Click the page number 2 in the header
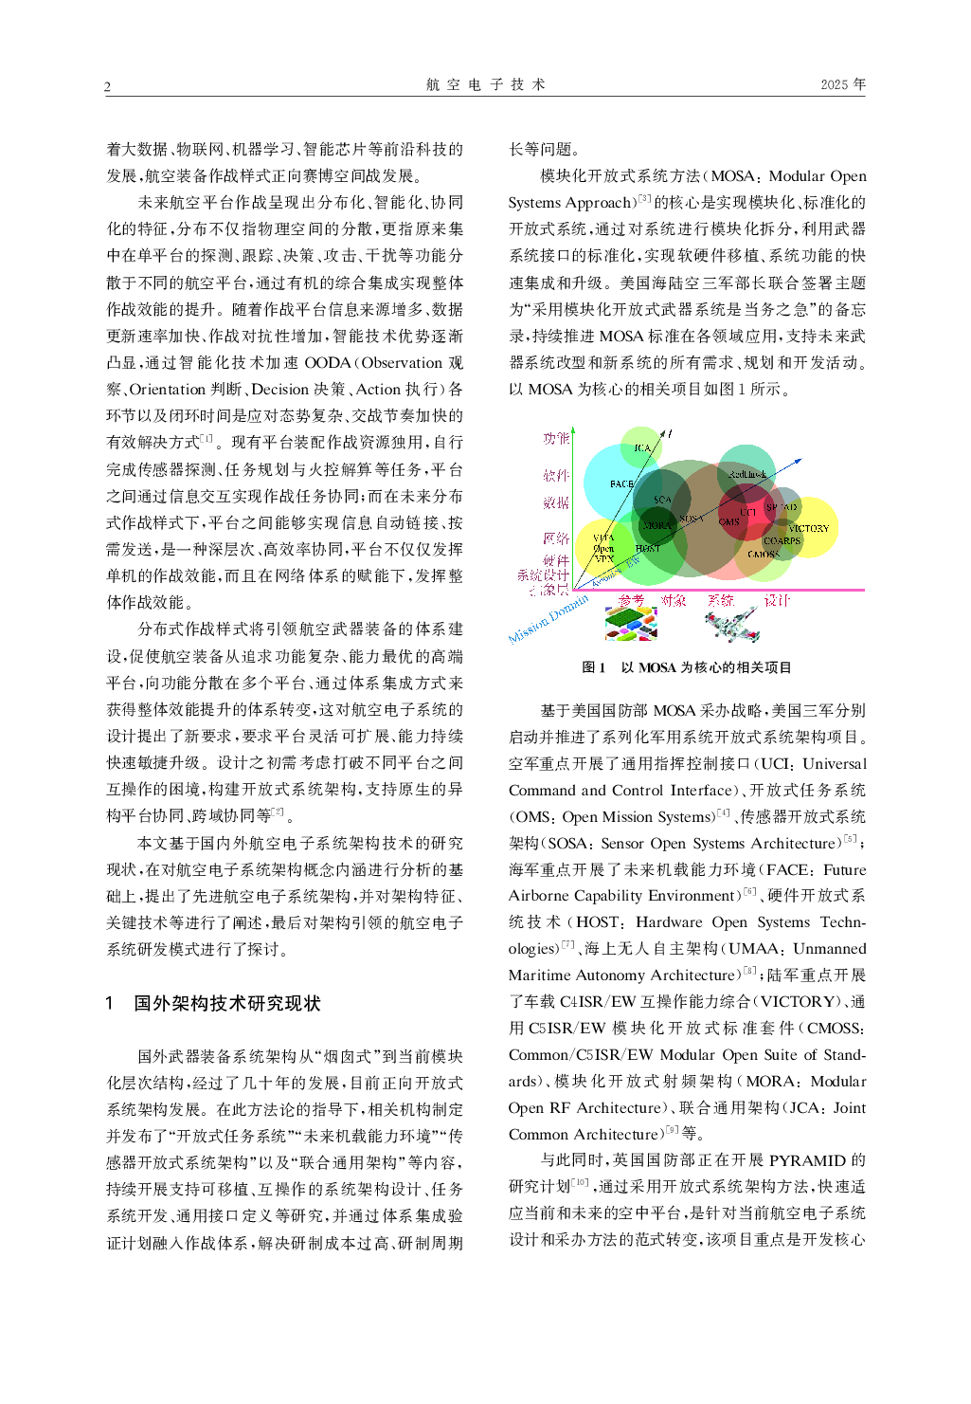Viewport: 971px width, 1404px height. coord(107,87)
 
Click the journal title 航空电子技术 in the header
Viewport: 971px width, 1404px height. coord(485,84)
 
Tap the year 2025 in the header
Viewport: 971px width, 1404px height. coord(842,84)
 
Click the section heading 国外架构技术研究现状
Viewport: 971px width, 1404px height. coord(226,1004)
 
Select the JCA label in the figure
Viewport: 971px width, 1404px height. coord(642,447)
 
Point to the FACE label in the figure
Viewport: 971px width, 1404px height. coord(621,483)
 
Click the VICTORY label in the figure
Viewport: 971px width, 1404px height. coord(808,528)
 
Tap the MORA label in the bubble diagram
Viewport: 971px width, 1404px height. coord(656,524)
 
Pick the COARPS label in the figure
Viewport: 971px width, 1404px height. coord(782,540)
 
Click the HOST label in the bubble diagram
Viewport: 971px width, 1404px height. coord(648,548)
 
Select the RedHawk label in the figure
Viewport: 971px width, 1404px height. coord(747,474)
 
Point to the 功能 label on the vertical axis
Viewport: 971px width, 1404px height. coord(556,438)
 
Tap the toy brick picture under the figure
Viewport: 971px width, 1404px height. coord(631,624)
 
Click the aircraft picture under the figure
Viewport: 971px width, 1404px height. coord(732,626)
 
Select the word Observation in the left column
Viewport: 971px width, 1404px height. coord(401,363)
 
